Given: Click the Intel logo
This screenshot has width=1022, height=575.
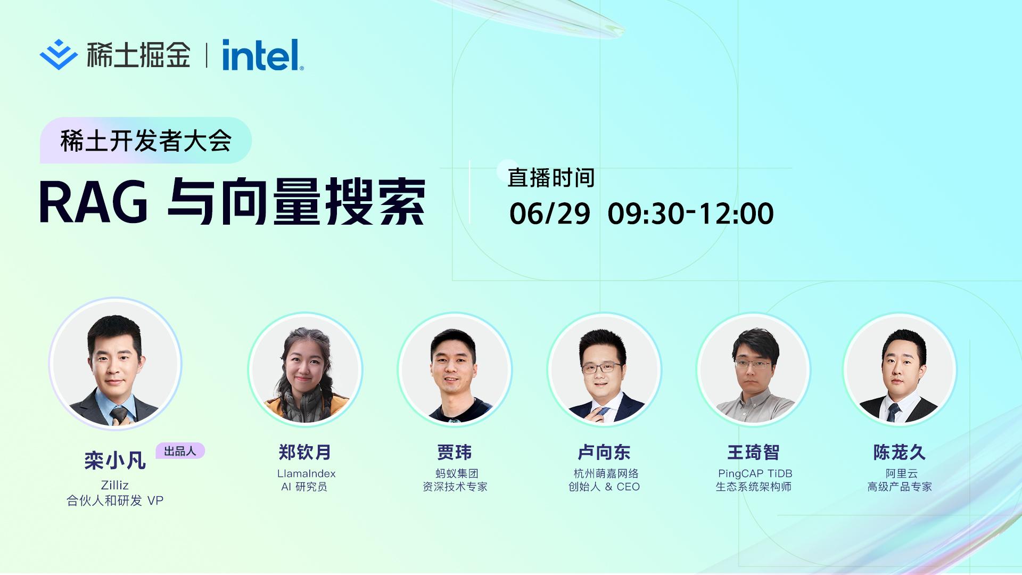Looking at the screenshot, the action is [263, 55].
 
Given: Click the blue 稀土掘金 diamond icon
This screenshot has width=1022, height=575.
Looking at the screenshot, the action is [59, 54].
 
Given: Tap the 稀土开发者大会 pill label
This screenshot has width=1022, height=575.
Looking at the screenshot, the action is [146, 141].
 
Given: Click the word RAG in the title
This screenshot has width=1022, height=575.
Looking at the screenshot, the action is [94, 203].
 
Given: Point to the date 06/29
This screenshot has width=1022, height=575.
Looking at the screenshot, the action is [550, 213].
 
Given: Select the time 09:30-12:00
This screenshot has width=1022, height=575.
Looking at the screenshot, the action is [690, 213].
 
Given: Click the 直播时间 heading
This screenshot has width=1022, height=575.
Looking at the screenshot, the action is [551, 178].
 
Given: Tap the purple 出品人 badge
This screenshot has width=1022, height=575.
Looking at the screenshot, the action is [180, 451].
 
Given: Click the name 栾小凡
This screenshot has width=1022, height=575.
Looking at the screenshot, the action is [115, 461].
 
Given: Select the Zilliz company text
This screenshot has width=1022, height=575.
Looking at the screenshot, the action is [115, 485].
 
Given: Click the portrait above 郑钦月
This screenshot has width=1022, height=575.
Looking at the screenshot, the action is [305, 369].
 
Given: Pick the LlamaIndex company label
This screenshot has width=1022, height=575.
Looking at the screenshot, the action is [306, 473].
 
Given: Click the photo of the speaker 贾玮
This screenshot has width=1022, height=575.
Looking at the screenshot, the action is [455, 369].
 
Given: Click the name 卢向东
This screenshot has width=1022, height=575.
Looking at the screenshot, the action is [604, 453].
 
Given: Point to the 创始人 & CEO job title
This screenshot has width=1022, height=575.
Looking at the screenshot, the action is [604, 487].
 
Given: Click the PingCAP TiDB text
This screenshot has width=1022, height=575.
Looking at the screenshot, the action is [755, 473].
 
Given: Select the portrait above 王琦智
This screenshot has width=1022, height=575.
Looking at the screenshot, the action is [754, 369].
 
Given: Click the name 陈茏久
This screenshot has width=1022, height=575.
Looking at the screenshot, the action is [900, 453].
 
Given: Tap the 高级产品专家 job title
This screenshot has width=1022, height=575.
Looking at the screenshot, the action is [900, 487].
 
